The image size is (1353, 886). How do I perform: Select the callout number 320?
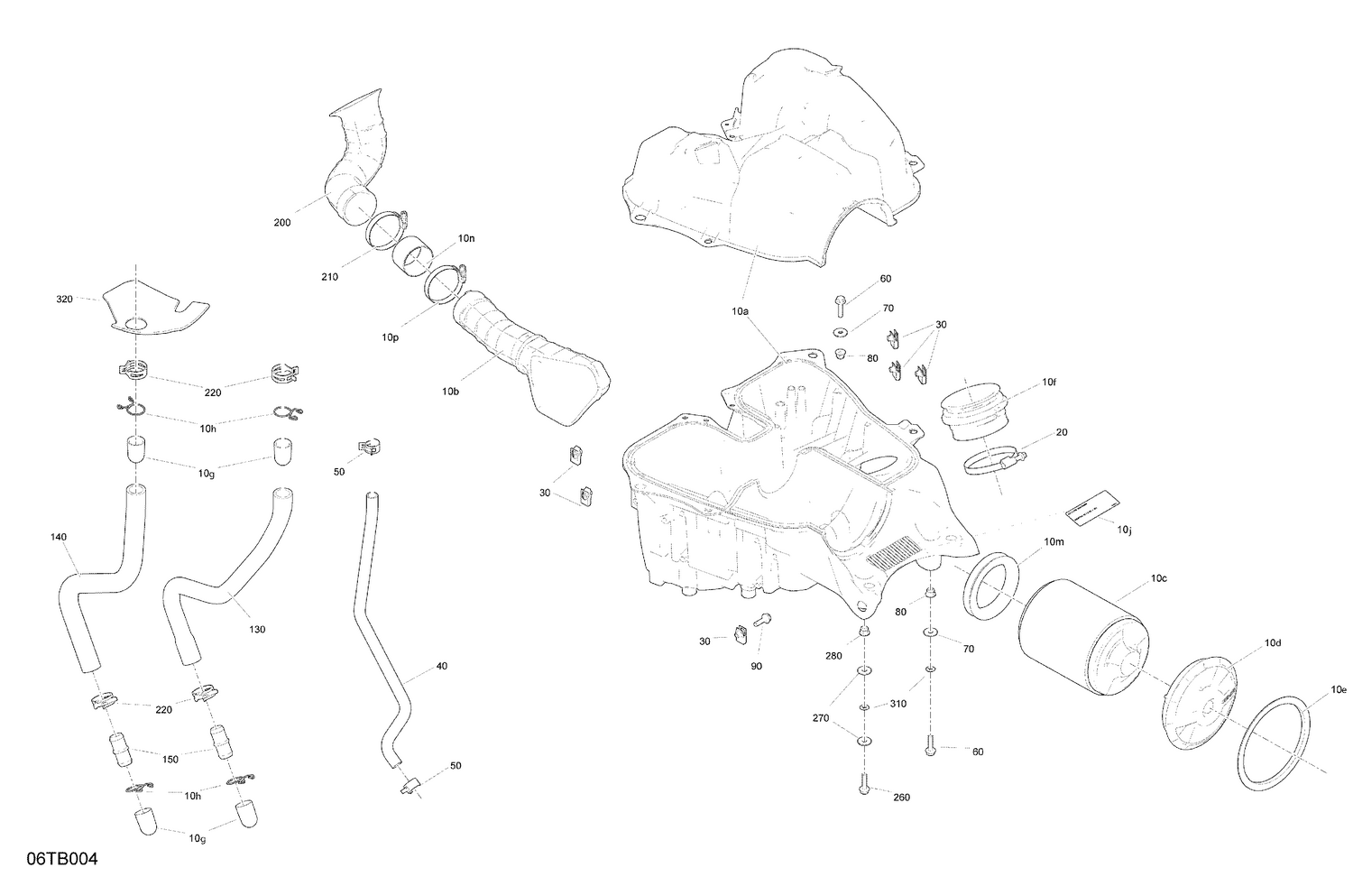64,299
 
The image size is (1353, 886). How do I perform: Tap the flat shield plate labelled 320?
153,309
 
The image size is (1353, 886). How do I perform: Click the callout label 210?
329,277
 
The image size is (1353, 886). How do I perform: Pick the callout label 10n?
465,238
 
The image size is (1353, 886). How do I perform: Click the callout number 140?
59,537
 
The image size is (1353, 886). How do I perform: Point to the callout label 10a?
740,310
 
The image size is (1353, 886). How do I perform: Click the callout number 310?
897,704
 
